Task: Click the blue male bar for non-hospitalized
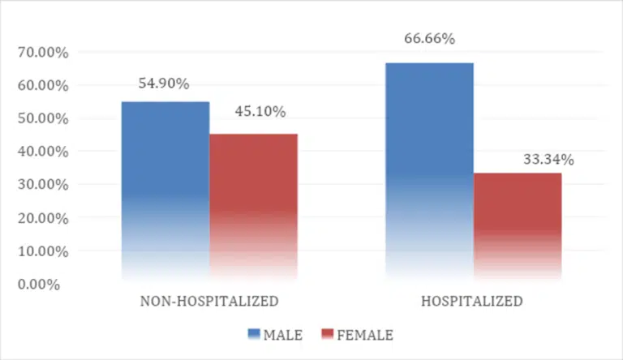tap(165, 191)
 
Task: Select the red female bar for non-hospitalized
tap(253, 207)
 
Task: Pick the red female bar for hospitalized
tap(517, 227)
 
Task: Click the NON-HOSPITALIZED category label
tap(209, 302)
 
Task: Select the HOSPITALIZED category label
tap(472, 302)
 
